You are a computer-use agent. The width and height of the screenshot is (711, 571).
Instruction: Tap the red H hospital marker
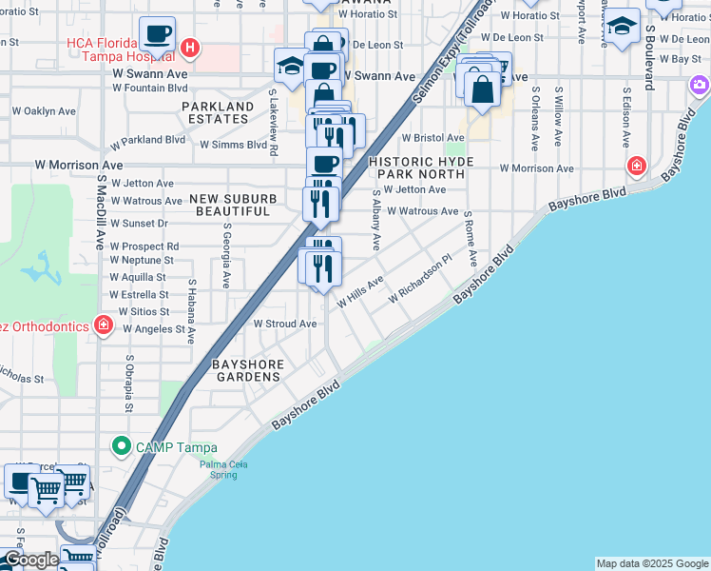[x=190, y=47]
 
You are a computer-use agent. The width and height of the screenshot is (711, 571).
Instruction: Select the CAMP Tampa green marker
[x=121, y=445]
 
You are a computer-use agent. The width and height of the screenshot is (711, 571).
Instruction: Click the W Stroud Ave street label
[x=284, y=324]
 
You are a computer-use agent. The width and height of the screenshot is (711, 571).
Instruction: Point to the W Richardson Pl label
[x=418, y=281]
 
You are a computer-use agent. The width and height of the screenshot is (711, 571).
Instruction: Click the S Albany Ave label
[x=376, y=220]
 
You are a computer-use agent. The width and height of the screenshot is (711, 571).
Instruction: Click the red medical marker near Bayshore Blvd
[x=636, y=167]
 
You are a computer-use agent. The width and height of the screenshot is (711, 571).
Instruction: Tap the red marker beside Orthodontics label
[x=104, y=326]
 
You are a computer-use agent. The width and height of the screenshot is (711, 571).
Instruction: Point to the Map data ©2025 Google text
[x=652, y=563]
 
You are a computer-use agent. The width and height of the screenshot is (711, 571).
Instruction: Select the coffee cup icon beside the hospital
[x=158, y=35]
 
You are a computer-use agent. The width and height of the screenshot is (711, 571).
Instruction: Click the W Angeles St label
[x=147, y=329]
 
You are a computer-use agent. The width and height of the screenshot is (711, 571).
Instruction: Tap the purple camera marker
[x=701, y=87]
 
